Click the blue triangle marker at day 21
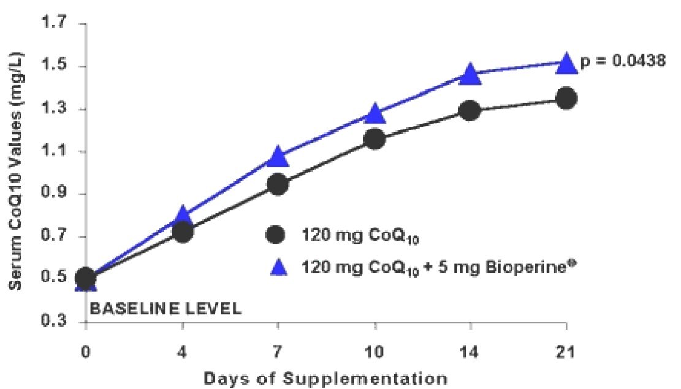tap(566, 62)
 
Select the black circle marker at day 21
tap(566, 98)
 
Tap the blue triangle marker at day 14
tap(470, 74)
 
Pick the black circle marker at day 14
tap(470, 111)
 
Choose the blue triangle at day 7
tap(278, 157)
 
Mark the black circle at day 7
tap(278, 184)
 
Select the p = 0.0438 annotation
tap(622, 62)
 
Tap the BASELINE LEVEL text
tap(165, 308)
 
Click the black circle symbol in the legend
tap(276, 235)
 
